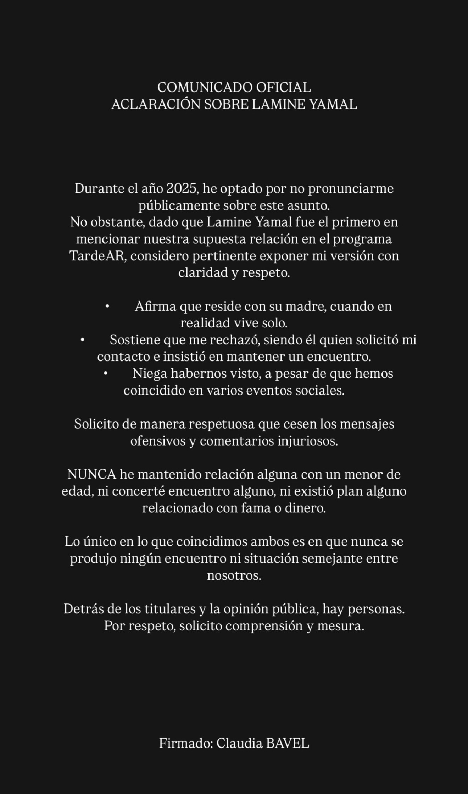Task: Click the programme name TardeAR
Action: pos(98,256)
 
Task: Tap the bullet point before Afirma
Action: pos(107,306)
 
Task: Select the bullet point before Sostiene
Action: pos(82,340)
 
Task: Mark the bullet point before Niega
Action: pos(105,374)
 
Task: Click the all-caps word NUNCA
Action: pos(92,474)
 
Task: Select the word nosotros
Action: pos(234,575)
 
